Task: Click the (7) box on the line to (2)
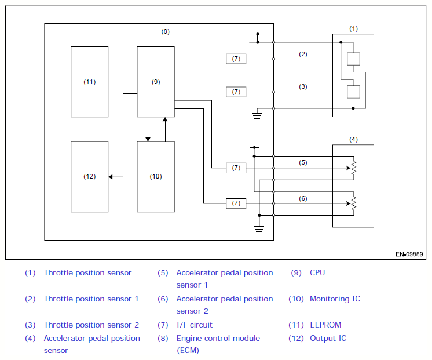pyautogui.click(x=236, y=59)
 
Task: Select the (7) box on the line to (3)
pyautogui.click(x=236, y=92)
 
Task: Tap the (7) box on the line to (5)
pyautogui.click(x=236, y=168)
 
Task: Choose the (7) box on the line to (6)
pyautogui.click(x=236, y=203)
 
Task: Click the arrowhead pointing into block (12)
pyautogui.click(x=111, y=177)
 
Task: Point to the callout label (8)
pyautogui.click(x=165, y=31)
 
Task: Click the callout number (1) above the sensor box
pyautogui.click(x=353, y=28)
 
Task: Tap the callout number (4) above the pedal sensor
pyautogui.click(x=353, y=139)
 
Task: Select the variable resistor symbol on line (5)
pyautogui.click(x=353, y=168)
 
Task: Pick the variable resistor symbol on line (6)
pyautogui.click(x=353, y=203)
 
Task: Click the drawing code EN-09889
pyautogui.click(x=409, y=254)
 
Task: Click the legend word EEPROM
pyautogui.click(x=325, y=325)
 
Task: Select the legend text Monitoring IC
pyautogui.click(x=335, y=299)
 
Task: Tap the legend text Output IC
pyautogui.click(x=328, y=338)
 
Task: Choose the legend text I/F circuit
pyautogui.click(x=195, y=325)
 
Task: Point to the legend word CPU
pyautogui.click(x=317, y=272)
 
